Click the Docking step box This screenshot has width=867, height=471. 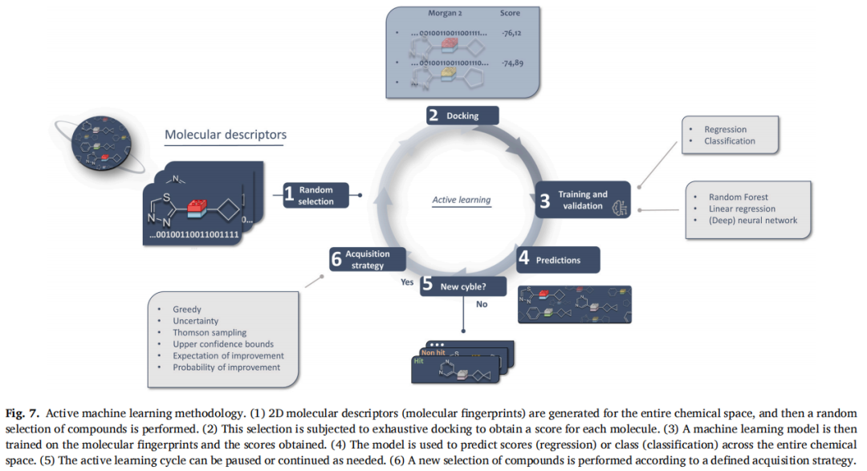point(462,115)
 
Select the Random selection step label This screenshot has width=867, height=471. point(316,196)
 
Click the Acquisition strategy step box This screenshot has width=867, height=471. point(368,259)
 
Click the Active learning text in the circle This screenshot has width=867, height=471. point(461,200)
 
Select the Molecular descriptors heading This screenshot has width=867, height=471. point(225,134)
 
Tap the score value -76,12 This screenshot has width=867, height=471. point(511,34)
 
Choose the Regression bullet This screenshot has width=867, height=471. point(725,129)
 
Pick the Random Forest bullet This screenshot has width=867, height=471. point(738,197)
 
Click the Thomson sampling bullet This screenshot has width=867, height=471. point(210,332)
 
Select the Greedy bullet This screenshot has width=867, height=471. point(187,309)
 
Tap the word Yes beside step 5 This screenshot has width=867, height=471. point(407,282)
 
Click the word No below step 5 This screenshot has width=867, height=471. point(482,304)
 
